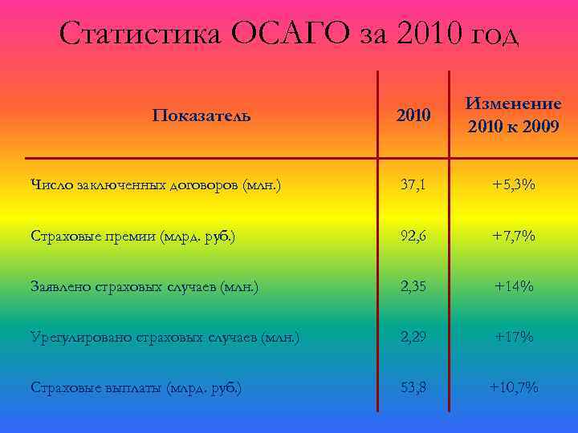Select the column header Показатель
pyautogui.click(x=201, y=115)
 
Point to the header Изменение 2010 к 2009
pyautogui.click(x=514, y=115)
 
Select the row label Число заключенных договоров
pyautogui.click(x=157, y=186)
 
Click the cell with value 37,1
pyautogui.click(x=414, y=186)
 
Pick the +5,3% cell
pyautogui.click(x=514, y=186)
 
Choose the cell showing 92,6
pyautogui.click(x=414, y=237)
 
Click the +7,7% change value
pyautogui.click(x=514, y=237)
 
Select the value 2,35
pyautogui.click(x=414, y=287)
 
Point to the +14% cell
pyautogui.click(x=514, y=287)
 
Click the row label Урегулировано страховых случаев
pyautogui.click(x=165, y=338)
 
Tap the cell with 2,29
pyautogui.click(x=414, y=338)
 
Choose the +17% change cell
pyautogui.click(x=514, y=338)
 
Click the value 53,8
pyautogui.click(x=414, y=388)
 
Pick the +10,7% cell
pyautogui.click(x=514, y=388)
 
